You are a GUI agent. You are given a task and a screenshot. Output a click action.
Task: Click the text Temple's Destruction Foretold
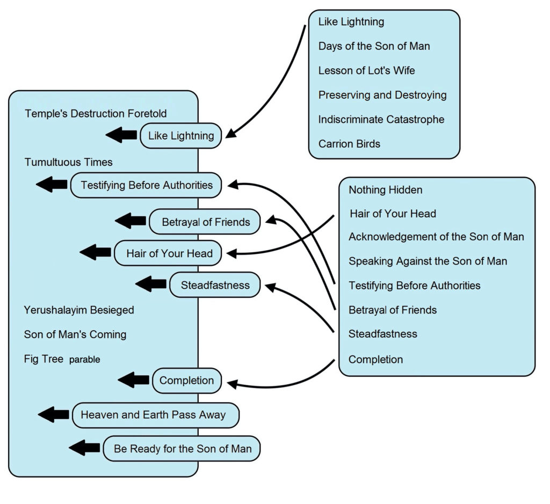pos(96,114)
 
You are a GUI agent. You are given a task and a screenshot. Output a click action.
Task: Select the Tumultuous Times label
pos(68,162)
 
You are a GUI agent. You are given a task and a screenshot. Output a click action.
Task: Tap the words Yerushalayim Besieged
pos(79,310)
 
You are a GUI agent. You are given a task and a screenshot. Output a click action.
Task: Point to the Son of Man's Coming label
pos(75,334)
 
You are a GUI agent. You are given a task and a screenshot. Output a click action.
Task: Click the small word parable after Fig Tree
pos(84,360)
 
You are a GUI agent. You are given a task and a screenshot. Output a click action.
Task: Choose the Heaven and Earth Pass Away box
pos(155,415)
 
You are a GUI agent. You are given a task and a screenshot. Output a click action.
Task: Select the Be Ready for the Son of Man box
pos(183,449)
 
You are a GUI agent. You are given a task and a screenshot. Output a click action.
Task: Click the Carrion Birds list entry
pos(349,144)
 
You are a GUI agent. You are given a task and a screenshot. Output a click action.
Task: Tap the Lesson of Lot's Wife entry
pos(366,71)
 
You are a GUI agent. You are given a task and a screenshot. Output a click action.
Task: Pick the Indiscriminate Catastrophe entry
pos(381,119)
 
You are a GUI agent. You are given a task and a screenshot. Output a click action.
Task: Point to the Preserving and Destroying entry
pos(382,95)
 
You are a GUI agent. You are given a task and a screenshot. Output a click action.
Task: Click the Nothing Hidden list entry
pos(385,190)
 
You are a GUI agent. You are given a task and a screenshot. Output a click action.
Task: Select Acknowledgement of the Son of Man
pos(436,237)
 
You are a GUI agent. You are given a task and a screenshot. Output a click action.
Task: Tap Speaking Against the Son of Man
pos(428,261)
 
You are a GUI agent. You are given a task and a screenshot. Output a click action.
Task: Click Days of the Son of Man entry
pos(374,46)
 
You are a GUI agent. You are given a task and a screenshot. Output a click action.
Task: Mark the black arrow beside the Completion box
pos(133,380)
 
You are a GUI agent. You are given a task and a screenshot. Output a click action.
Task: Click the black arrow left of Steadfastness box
pos(151,284)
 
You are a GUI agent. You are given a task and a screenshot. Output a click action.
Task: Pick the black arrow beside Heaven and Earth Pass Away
pos(54,414)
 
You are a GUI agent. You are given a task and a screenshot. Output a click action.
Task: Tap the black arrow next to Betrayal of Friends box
pos(131,220)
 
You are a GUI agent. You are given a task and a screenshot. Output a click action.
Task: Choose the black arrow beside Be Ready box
pos(84,448)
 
